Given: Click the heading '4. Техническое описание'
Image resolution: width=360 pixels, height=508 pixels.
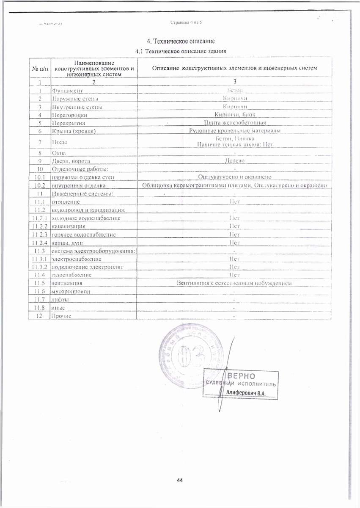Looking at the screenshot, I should tap(181, 41).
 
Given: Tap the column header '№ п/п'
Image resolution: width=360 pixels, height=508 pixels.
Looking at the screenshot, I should tap(40, 68).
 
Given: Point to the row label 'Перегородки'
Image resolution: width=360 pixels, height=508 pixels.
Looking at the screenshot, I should tap(68, 115).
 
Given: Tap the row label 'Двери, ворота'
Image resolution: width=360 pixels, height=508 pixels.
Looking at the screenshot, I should tap(71, 161).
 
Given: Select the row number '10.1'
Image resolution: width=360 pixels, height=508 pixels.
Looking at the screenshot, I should tap(39, 177).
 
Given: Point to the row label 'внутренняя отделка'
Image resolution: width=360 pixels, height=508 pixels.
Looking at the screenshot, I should tap(75, 185).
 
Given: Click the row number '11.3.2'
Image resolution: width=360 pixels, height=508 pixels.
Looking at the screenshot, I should tap(39, 267).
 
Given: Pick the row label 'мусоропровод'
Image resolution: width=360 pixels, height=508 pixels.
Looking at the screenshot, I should tap(70, 291).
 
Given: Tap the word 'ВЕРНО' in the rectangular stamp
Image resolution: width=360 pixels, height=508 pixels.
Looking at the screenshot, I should tap(242, 376).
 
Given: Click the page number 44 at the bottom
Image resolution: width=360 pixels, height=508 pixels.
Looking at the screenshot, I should tap(180, 480).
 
